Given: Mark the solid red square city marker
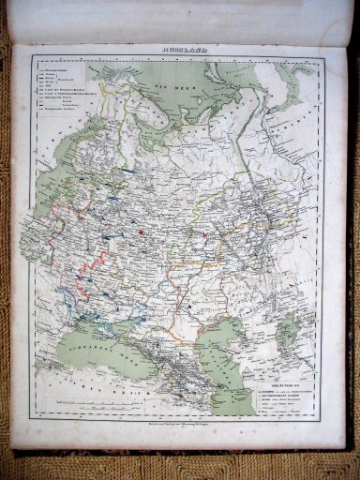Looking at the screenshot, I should pyautogui.click(x=141, y=231).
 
